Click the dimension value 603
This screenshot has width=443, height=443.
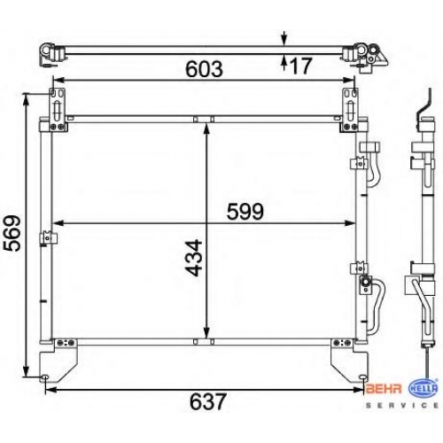point(204,68)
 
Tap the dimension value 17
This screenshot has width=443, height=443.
point(301,66)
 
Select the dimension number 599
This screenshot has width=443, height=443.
point(245,212)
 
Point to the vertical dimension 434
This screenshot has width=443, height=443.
point(194,258)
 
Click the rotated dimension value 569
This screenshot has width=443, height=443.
point(12,233)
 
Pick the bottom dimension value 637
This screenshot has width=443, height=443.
point(208,401)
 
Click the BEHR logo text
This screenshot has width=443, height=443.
point(384,389)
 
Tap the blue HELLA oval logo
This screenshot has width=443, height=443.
point(423,388)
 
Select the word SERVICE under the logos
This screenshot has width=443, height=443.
point(402,406)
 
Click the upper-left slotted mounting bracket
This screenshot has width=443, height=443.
point(58,109)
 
